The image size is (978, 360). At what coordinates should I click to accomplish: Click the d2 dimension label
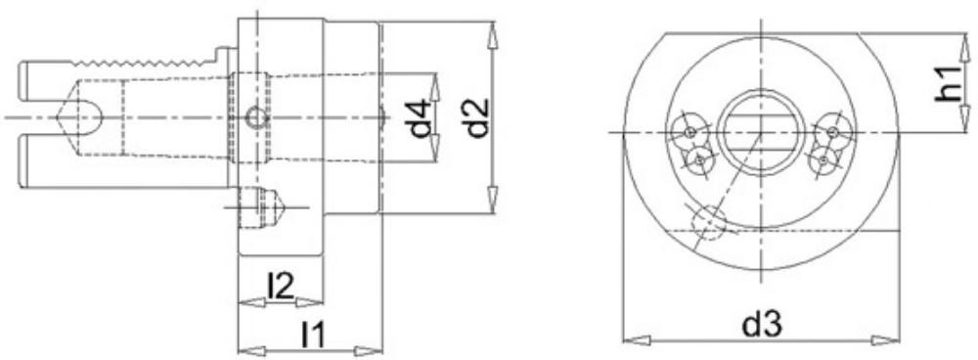[478, 117]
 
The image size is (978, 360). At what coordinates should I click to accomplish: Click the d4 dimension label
[421, 117]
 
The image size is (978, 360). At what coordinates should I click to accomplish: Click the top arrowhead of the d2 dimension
[493, 33]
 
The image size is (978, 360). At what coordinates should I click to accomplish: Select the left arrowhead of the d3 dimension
[637, 340]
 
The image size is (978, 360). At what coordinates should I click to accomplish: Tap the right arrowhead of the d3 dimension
[886, 340]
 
